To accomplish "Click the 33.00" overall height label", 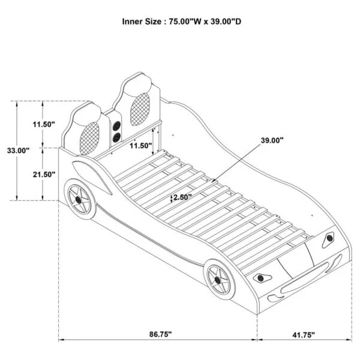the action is coord(18,151).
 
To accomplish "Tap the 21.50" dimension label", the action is coord(44,175).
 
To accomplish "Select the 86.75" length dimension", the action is coord(160,334).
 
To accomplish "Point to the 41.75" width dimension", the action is coord(304,335).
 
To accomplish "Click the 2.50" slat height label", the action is coord(182,197).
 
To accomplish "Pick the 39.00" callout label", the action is coord(272,140).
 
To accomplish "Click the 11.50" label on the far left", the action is coord(44,124).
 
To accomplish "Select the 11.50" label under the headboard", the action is coord(141,146).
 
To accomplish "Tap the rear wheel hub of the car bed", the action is coord(78,200).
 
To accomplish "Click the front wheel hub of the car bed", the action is coord(217,280).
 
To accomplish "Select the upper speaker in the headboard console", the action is coord(116,126).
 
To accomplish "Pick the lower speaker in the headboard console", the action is coord(116,137).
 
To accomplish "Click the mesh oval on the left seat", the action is coord(89,138).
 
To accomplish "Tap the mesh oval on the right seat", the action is coord(140,109).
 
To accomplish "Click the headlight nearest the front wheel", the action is coord(262,278).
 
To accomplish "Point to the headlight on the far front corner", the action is coord(329,239).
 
